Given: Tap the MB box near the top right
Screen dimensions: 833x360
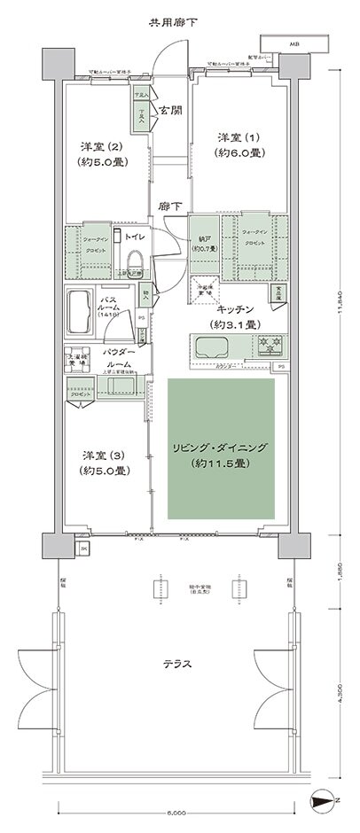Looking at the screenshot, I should click(290, 43).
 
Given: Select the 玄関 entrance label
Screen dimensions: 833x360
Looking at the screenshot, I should click(170, 111).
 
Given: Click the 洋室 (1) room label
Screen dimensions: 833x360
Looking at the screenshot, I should click(240, 145).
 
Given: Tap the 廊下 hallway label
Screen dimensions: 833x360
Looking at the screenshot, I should click(170, 206).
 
